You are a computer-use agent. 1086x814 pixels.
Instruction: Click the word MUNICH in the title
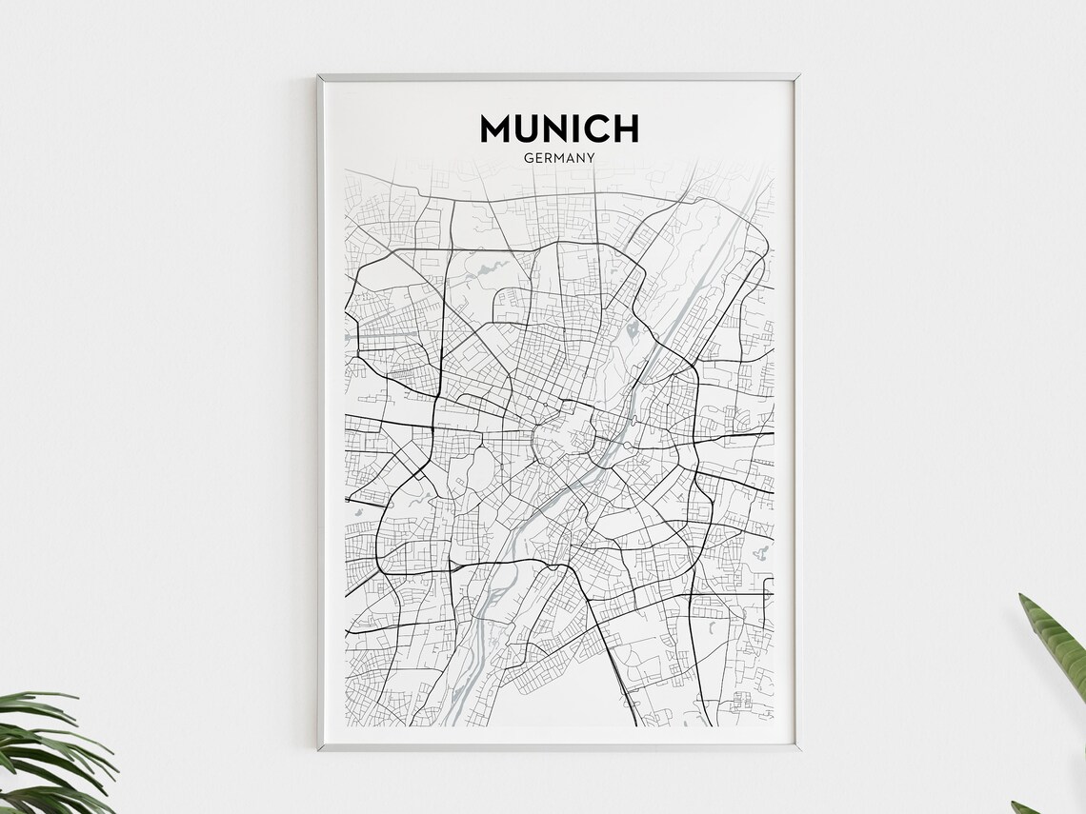coord(559,129)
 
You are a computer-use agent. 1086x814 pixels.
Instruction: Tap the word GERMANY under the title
coord(559,158)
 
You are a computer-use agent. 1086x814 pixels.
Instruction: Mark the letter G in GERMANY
coord(528,158)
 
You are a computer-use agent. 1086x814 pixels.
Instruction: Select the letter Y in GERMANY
coord(591,158)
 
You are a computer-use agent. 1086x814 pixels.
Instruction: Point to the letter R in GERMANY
coord(548,158)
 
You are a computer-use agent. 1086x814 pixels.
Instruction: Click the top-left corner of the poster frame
coord(319,75)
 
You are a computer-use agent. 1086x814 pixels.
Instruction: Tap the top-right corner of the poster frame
coord(797,75)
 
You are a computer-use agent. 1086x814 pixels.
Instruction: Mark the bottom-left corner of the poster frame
coord(319,749)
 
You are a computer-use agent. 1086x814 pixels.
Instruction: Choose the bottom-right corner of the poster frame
coord(797,749)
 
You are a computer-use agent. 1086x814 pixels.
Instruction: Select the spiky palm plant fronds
coord(48,752)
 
